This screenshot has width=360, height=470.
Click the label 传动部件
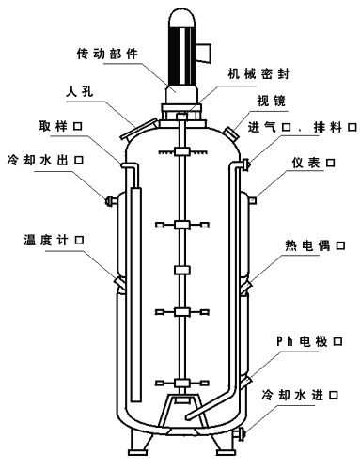pos(110,54)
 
